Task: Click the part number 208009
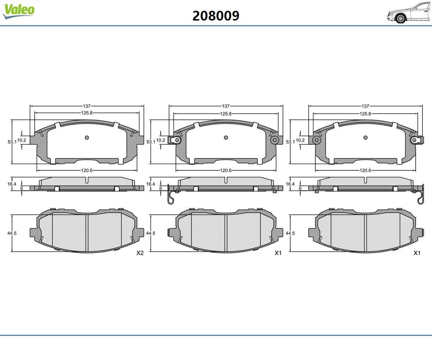point(216,16)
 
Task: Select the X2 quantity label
point(140,253)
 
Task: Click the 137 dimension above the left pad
point(87,106)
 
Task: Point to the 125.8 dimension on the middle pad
point(226,114)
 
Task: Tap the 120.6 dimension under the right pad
point(365,170)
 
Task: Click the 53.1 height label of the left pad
point(12,142)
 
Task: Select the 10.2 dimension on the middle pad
point(161,140)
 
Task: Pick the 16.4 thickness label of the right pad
point(290,184)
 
